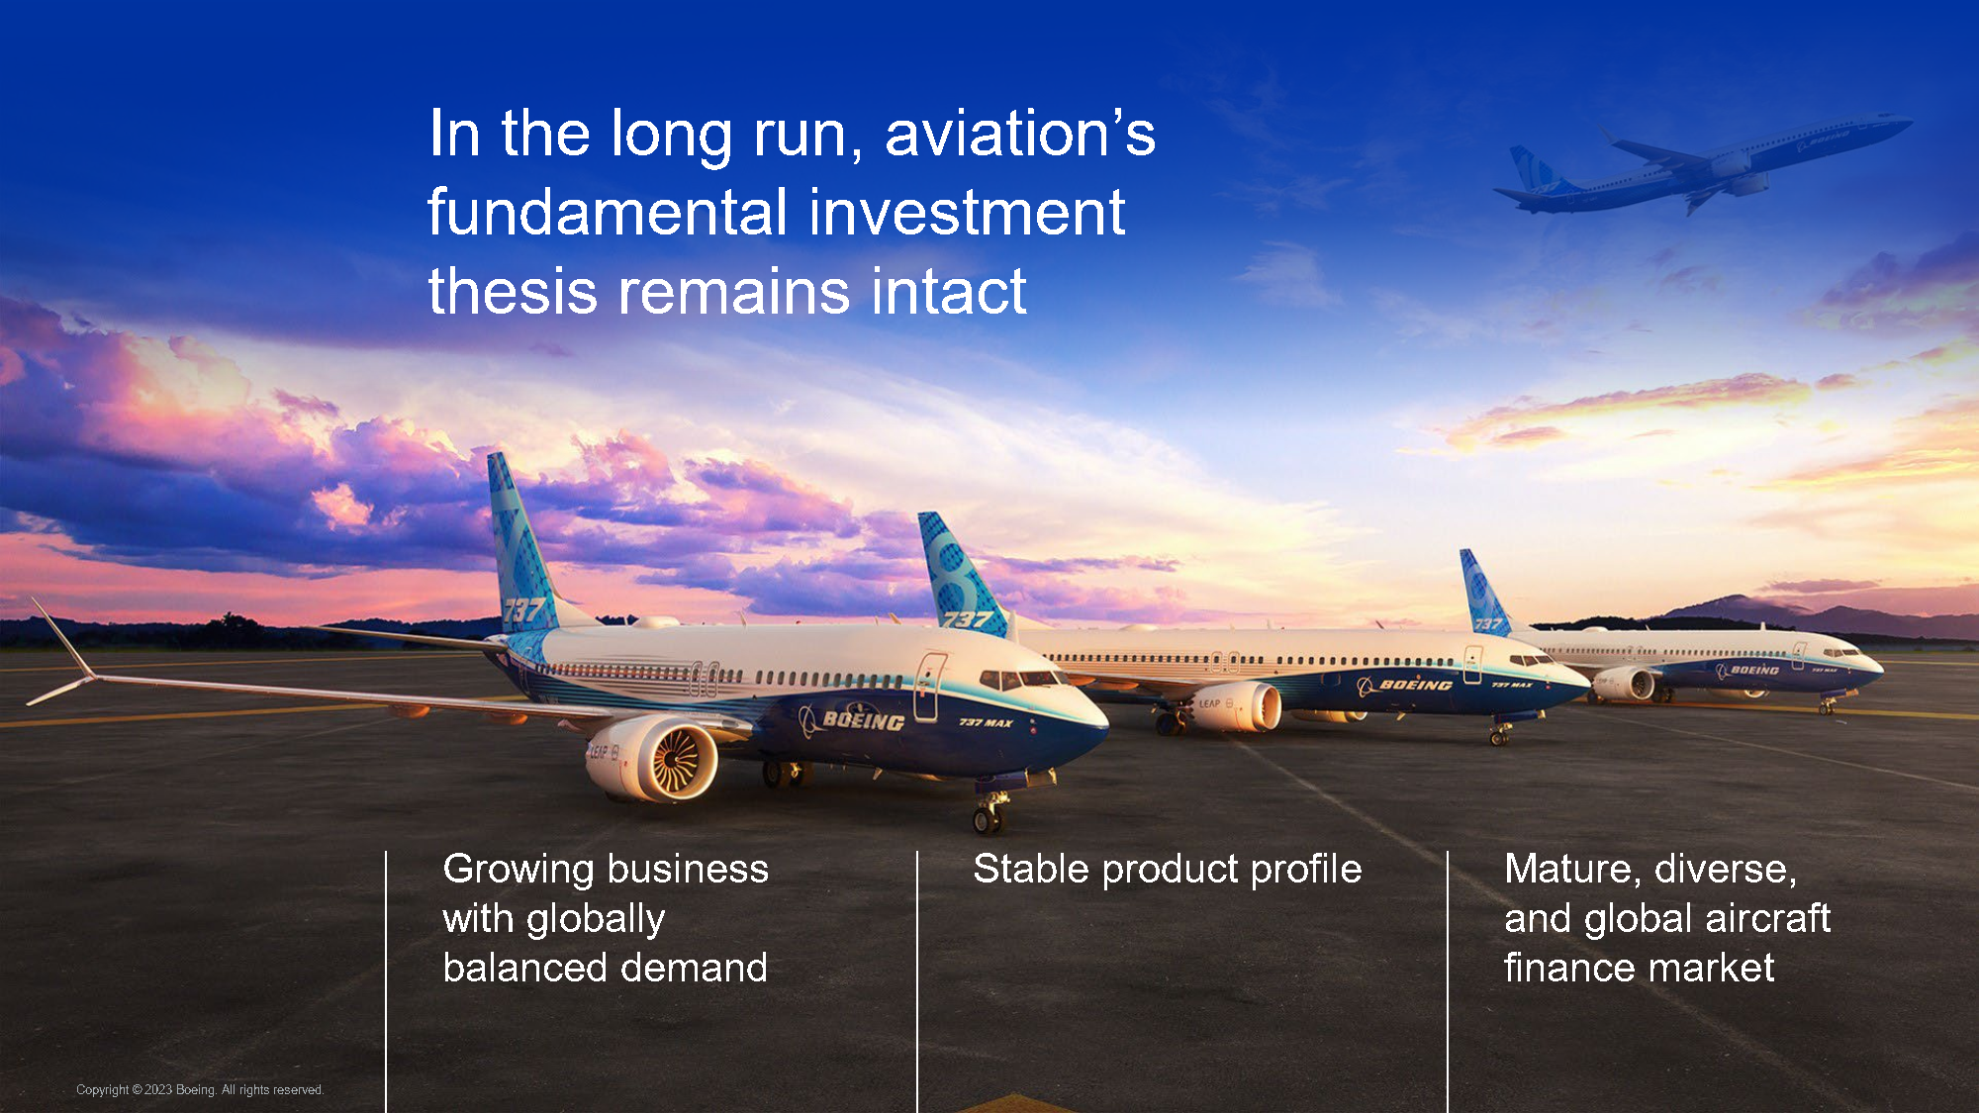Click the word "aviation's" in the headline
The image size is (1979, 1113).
pyautogui.click(x=1019, y=134)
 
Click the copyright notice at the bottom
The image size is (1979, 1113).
pyautogui.click(x=200, y=1089)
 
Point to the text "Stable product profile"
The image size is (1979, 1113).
pyautogui.click(x=1167, y=869)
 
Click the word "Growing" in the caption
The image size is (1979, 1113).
pyautogui.click(x=518, y=870)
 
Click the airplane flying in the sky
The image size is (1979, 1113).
pyautogui.click(x=1702, y=163)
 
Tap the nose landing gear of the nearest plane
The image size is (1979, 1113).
pyautogui.click(x=989, y=813)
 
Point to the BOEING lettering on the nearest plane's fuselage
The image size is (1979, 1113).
pyautogui.click(x=862, y=719)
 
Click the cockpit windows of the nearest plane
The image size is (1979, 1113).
pyautogui.click(x=1019, y=679)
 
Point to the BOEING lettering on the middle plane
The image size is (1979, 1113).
pyautogui.click(x=1415, y=684)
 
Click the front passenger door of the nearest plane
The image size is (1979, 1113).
pyautogui.click(x=928, y=685)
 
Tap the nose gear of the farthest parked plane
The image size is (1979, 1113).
pyautogui.click(x=1826, y=706)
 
